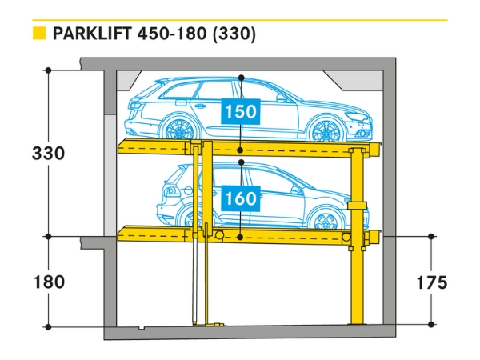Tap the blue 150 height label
241,112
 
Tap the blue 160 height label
241,196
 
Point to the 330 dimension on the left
47,153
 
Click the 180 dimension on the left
47,282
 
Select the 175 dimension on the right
431,282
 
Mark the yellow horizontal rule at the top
240,19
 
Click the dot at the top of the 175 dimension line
431,236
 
